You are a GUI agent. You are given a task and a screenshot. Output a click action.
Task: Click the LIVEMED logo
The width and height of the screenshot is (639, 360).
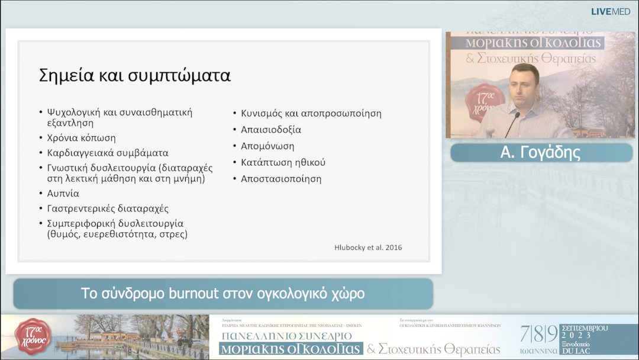click(611, 11)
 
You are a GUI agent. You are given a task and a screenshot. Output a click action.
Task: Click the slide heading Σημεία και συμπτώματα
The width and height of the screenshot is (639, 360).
click(134, 76)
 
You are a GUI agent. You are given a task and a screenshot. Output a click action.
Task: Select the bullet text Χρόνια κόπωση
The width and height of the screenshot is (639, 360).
click(81, 138)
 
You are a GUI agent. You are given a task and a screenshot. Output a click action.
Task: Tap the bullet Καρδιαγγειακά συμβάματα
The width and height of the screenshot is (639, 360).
click(108, 153)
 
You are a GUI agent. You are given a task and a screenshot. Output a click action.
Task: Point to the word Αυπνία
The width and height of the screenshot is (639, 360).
click(63, 194)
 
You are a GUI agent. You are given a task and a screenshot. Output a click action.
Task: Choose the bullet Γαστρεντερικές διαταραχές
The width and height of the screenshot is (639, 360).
click(108, 208)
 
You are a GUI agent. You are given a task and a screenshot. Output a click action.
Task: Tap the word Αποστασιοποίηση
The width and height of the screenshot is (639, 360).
click(281, 178)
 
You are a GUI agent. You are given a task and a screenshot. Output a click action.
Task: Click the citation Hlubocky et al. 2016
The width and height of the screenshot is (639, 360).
click(368, 247)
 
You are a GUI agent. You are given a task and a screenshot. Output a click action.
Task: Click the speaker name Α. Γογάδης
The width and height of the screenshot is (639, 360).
click(540, 153)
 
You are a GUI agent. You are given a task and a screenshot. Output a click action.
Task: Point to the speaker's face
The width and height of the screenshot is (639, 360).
click(524, 85)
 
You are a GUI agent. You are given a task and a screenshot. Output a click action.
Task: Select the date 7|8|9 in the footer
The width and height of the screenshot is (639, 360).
click(538, 333)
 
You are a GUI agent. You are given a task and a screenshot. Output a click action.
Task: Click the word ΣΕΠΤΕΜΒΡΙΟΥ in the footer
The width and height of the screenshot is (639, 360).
click(584, 328)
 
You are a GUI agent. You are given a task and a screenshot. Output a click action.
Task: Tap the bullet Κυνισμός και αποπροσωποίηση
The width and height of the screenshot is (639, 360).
click(311, 113)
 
